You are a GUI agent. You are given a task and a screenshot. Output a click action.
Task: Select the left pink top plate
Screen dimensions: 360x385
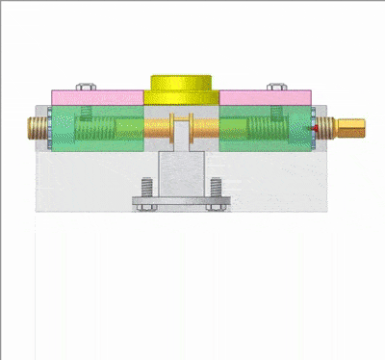tap(96, 97)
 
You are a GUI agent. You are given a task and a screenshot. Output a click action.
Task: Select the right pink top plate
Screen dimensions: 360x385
tap(265, 97)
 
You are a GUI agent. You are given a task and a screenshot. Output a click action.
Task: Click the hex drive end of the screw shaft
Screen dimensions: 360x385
tap(352, 127)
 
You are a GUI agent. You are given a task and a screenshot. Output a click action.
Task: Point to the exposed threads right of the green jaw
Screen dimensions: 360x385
tap(328, 127)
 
